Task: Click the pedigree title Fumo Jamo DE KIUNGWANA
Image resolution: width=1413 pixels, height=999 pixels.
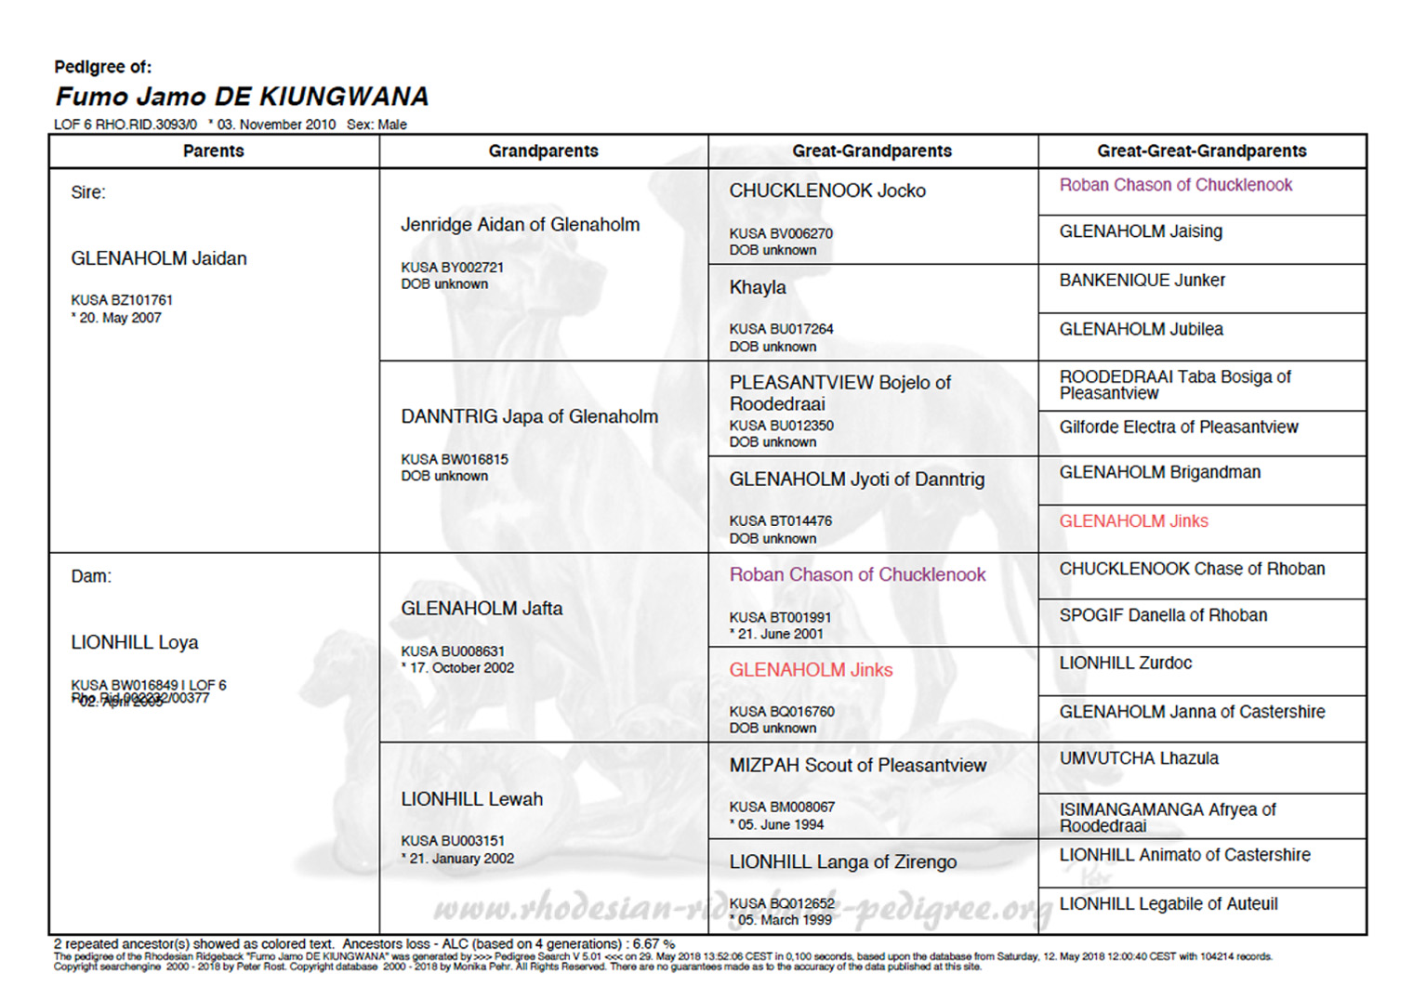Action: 242,97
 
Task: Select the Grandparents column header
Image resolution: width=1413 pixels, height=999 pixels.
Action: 543,151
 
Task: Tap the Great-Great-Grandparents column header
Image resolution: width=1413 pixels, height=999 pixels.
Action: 1201,151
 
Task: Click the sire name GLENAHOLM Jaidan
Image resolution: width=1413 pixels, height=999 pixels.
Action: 159,258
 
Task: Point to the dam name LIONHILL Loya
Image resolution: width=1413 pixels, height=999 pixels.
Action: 135,642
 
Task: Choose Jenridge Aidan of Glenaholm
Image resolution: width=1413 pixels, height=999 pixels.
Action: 520,224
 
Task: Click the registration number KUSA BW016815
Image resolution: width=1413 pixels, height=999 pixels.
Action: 455,459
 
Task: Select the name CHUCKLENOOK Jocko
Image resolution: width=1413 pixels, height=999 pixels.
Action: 827,191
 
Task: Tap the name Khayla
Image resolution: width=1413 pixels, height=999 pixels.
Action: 758,287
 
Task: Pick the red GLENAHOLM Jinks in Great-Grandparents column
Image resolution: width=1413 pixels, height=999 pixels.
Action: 811,670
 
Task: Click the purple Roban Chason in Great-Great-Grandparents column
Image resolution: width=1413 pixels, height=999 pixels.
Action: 1175,185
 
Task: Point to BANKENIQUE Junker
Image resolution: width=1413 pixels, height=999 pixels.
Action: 1142,280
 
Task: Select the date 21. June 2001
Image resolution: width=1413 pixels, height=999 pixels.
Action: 780,634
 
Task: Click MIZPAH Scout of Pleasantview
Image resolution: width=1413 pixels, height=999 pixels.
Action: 857,765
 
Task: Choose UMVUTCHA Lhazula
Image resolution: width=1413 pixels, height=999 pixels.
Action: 1139,758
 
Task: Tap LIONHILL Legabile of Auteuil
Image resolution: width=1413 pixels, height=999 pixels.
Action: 1169,903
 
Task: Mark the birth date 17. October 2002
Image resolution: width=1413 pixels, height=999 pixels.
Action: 461,667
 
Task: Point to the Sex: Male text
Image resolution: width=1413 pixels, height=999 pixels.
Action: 376,125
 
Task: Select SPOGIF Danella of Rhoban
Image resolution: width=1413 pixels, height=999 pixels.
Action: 1163,615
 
